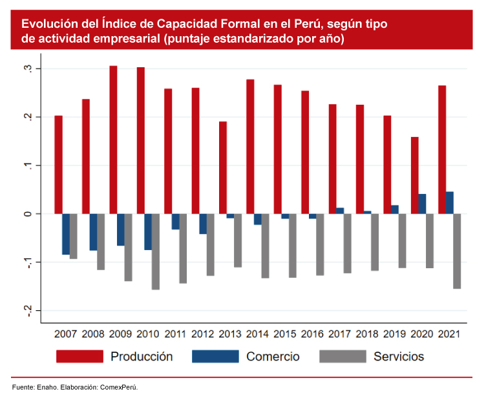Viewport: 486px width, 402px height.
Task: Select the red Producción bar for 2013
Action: (223, 167)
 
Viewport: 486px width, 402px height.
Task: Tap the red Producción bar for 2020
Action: (415, 175)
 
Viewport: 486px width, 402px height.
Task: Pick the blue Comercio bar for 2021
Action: (450, 202)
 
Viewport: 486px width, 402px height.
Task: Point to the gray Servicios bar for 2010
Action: (156, 251)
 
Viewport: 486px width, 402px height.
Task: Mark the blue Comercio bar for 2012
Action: (203, 224)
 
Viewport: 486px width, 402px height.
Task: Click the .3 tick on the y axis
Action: (28, 69)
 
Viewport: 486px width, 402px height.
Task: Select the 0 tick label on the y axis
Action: (28, 214)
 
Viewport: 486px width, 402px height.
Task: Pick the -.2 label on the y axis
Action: (28, 311)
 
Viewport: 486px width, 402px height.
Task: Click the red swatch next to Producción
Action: (80, 356)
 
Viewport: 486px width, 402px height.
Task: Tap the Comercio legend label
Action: (273, 356)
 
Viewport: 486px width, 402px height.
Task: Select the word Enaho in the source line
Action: (45, 388)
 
